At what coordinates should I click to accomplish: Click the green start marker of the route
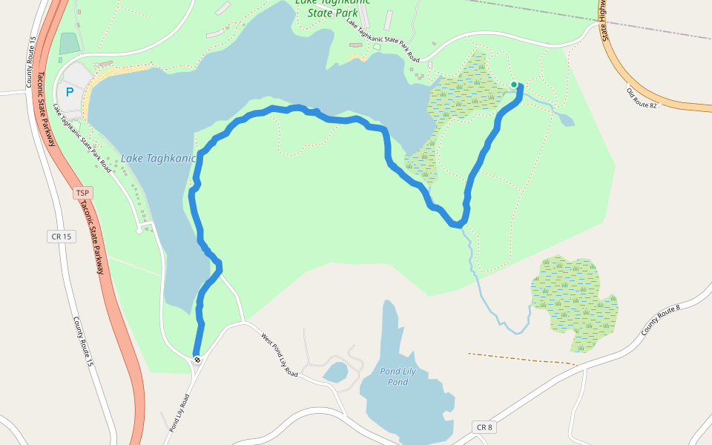514,85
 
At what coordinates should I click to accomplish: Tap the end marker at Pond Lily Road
197,360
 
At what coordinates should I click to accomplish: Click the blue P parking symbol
70,92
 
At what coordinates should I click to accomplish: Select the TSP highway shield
83,193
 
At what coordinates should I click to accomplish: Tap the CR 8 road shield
484,427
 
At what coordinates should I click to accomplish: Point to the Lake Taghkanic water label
158,158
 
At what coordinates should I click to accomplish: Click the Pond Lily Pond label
394,376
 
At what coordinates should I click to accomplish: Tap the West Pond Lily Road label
280,355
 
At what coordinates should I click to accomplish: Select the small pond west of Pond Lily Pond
335,371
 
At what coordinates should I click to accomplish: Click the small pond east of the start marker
565,119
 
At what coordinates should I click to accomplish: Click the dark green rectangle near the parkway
68,44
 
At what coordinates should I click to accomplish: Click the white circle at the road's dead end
139,231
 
